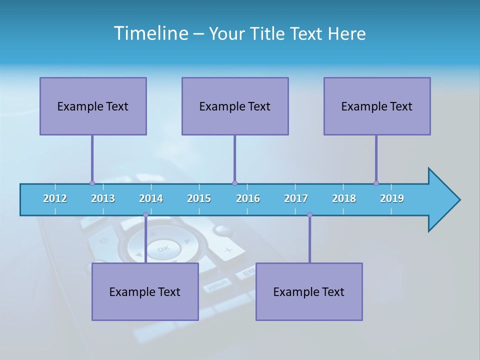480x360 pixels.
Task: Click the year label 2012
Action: tap(55, 198)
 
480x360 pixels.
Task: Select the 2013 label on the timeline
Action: tap(103, 198)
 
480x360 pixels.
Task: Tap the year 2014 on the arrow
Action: tap(151, 198)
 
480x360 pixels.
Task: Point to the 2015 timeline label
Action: tap(199, 198)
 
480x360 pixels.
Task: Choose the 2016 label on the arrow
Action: tap(248, 198)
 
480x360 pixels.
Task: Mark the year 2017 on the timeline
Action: tap(296, 198)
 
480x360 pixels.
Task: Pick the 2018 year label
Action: tap(344, 198)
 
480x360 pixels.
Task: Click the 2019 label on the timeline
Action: tap(392, 198)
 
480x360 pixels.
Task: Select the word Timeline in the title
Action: tap(150, 33)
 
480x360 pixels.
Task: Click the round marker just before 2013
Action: tap(92, 183)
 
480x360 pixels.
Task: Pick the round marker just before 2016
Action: tap(234, 183)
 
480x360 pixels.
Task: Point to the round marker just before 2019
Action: tap(376, 183)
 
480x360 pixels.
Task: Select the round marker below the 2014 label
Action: tap(145, 214)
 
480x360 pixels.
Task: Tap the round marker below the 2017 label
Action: tap(309, 214)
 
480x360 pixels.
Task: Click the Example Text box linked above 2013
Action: tap(93, 106)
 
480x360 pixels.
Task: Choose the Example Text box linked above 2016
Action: tap(235, 106)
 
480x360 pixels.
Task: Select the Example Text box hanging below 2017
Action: tap(309, 291)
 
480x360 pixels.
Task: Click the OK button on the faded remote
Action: tap(163, 248)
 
